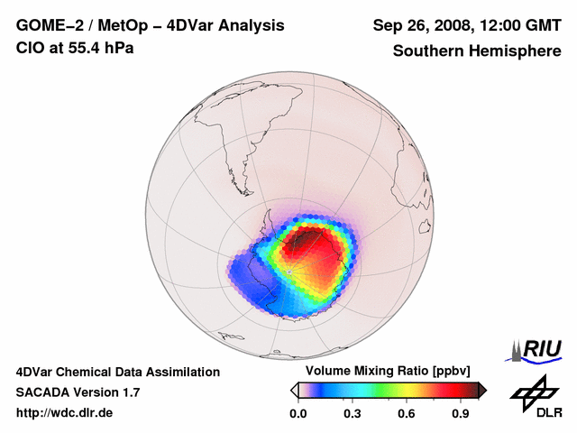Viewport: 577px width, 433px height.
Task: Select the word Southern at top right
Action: pos(426,51)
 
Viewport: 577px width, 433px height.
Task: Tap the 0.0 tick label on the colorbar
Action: pos(298,414)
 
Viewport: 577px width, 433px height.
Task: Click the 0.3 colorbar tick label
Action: pos(353,414)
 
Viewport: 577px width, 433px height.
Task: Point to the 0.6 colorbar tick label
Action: pos(407,414)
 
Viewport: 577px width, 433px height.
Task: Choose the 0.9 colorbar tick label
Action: pos(462,414)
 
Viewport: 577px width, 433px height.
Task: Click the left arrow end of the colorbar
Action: pos(294,390)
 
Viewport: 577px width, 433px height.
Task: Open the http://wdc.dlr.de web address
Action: pos(65,413)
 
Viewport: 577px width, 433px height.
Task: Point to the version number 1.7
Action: pos(128,392)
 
